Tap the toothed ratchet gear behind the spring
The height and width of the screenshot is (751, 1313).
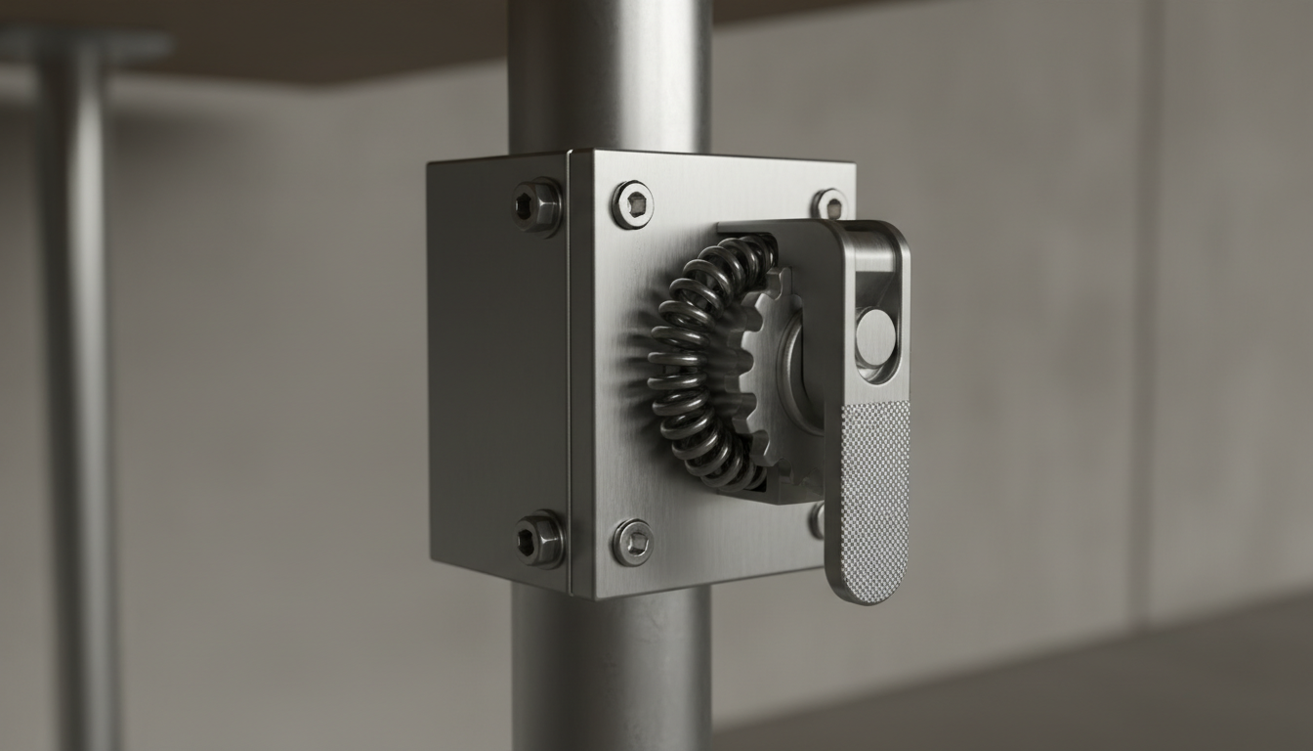pos(763,372)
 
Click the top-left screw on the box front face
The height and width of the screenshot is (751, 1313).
pos(632,204)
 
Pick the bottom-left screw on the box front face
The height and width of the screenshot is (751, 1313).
pos(632,542)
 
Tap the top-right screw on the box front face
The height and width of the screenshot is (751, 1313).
pos(827,204)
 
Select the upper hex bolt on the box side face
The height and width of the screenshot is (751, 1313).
pos(537,205)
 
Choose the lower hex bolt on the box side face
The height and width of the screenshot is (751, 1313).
pos(539,539)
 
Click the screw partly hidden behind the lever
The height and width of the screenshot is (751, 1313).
pos(817,519)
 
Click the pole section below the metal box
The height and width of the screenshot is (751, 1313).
pos(611,675)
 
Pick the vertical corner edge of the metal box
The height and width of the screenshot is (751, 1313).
pos(570,372)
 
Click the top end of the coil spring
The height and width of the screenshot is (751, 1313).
pos(752,250)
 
